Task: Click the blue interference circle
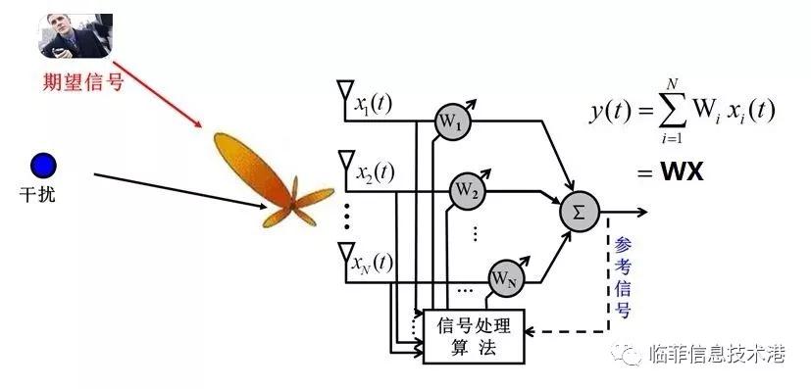[x=43, y=167]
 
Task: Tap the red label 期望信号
[x=83, y=82]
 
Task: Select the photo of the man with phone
[x=76, y=35]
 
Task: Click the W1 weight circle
[x=451, y=122]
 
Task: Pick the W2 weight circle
[x=467, y=192]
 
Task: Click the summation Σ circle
[x=579, y=212]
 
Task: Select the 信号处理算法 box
[x=474, y=336]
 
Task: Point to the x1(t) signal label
[x=373, y=104]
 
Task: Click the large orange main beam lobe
[x=252, y=168]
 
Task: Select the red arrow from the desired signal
[x=157, y=94]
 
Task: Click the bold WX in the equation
[x=683, y=172]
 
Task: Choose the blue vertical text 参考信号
[x=622, y=278]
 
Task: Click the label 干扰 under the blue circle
[x=37, y=195]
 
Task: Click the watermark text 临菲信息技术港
[x=717, y=355]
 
